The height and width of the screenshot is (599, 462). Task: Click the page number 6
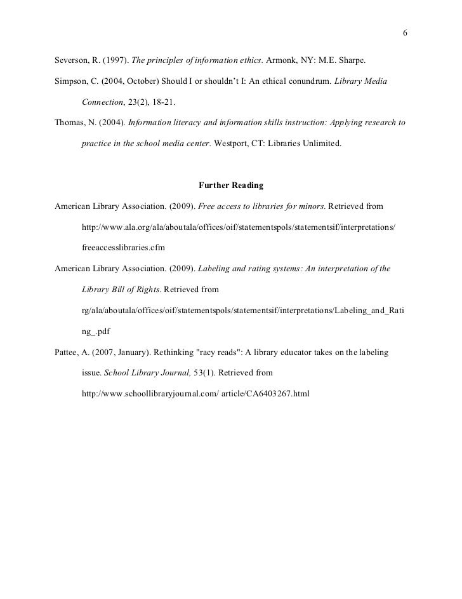405,34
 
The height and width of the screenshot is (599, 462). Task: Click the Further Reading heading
231,186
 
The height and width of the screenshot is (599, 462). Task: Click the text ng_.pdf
96,331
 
